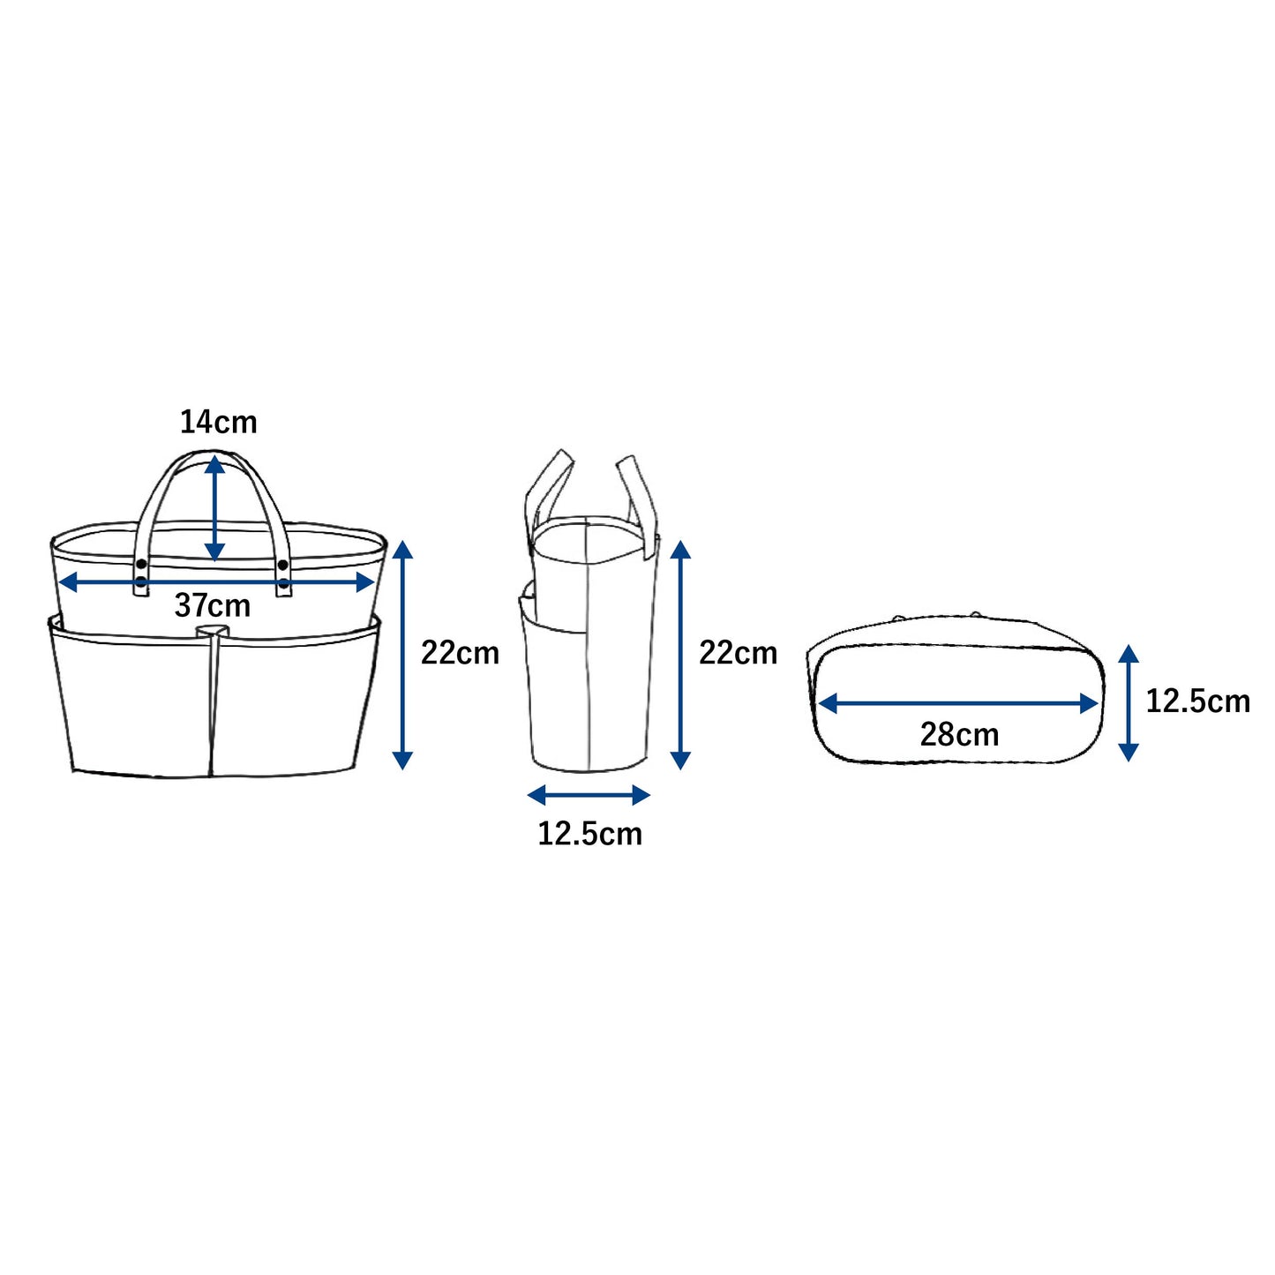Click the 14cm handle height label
(218, 422)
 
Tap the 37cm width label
(213, 605)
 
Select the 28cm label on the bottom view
(959, 734)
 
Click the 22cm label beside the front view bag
(460, 653)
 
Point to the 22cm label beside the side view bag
(738, 653)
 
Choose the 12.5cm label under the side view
(589, 834)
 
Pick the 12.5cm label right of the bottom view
(1197, 701)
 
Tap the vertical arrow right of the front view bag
(402, 655)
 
